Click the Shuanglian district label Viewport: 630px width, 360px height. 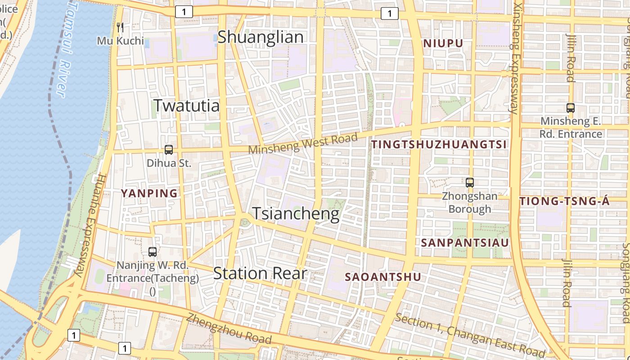[x=261, y=37]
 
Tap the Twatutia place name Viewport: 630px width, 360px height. [x=187, y=105]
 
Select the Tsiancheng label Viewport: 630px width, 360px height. [x=296, y=213]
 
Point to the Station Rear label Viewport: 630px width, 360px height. [x=260, y=273]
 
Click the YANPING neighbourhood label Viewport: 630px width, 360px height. [x=149, y=193]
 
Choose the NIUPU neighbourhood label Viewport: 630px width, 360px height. [x=443, y=44]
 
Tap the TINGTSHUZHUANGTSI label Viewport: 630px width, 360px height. [x=439, y=144]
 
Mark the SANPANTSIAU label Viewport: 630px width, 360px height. [x=465, y=243]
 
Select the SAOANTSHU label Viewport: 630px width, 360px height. [x=389, y=277]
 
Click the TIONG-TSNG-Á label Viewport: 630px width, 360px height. [x=565, y=202]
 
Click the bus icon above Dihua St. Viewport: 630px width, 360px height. [x=169, y=150]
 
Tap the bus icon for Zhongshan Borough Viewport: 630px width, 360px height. [x=470, y=182]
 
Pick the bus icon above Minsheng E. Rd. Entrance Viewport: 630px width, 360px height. [x=571, y=108]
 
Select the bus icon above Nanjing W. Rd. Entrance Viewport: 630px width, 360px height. [x=153, y=252]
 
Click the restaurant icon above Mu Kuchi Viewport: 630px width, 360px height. [x=120, y=27]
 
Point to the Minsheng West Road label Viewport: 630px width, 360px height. [x=303, y=144]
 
